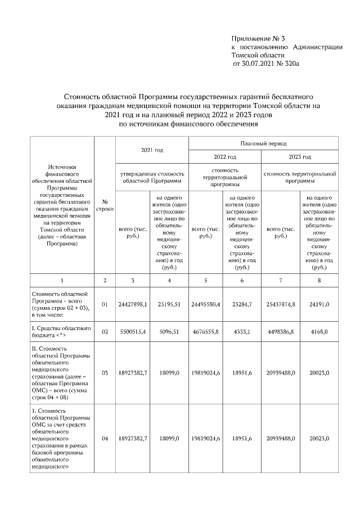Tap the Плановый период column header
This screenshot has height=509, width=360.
pyautogui.click(x=263, y=144)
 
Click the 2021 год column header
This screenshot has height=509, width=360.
pyautogui.click(x=152, y=150)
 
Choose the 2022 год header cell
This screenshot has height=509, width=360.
pyautogui.click(x=225, y=157)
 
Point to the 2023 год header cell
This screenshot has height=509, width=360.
pyautogui.click(x=300, y=157)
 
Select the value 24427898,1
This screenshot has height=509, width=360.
pyautogui.click(x=133, y=304)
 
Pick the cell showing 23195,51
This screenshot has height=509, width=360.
pyautogui.click(x=169, y=304)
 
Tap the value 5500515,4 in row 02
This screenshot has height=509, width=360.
pyautogui.click(x=133, y=332)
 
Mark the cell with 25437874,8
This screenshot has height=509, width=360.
pyautogui.click(x=281, y=304)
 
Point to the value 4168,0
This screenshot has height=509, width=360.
pyautogui.click(x=319, y=332)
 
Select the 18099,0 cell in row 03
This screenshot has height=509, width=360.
pyautogui.click(x=169, y=372)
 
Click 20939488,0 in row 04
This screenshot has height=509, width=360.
pyautogui.click(x=281, y=437)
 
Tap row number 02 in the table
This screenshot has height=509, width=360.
pyautogui.click(x=105, y=332)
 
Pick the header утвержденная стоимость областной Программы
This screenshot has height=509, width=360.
pyautogui.click(x=152, y=178)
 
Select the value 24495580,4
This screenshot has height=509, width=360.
pyautogui.click(x=206, y=304)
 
